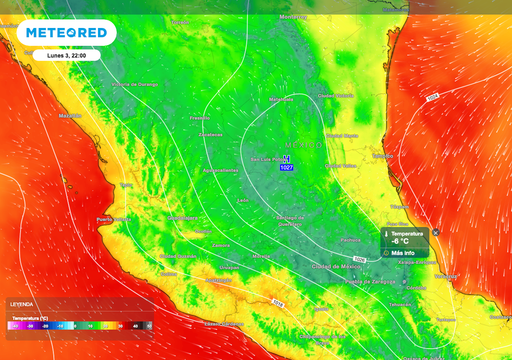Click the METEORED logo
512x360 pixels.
(66, 33)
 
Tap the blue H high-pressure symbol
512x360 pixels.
(287, 159)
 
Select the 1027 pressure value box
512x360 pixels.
(287, 168)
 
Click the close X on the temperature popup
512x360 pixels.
(435, 231)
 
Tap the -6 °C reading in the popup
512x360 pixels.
(398, 241)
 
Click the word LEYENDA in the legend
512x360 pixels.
(22, 304)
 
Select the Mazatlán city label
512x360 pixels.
(70, 115)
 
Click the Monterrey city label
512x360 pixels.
(292, 17)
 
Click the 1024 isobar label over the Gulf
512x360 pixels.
(432, 97)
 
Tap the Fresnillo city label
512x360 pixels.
(200, 118)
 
